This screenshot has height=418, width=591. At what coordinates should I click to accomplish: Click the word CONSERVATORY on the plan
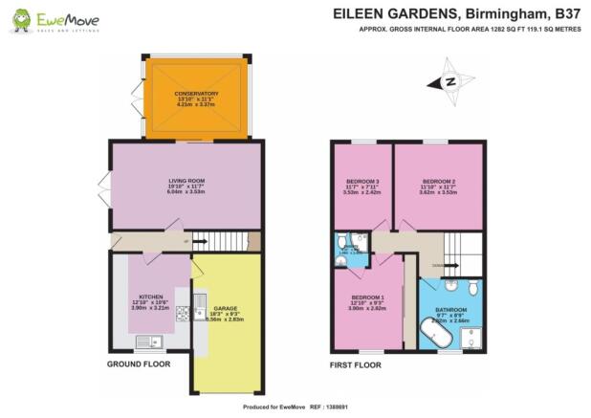(197, 94)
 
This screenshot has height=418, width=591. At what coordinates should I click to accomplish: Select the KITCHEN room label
(151, 297)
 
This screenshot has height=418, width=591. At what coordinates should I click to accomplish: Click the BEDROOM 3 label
(362, 181)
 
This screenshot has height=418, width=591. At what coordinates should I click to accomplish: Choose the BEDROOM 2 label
(437, 181)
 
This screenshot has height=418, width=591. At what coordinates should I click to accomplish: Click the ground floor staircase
(214, 242)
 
